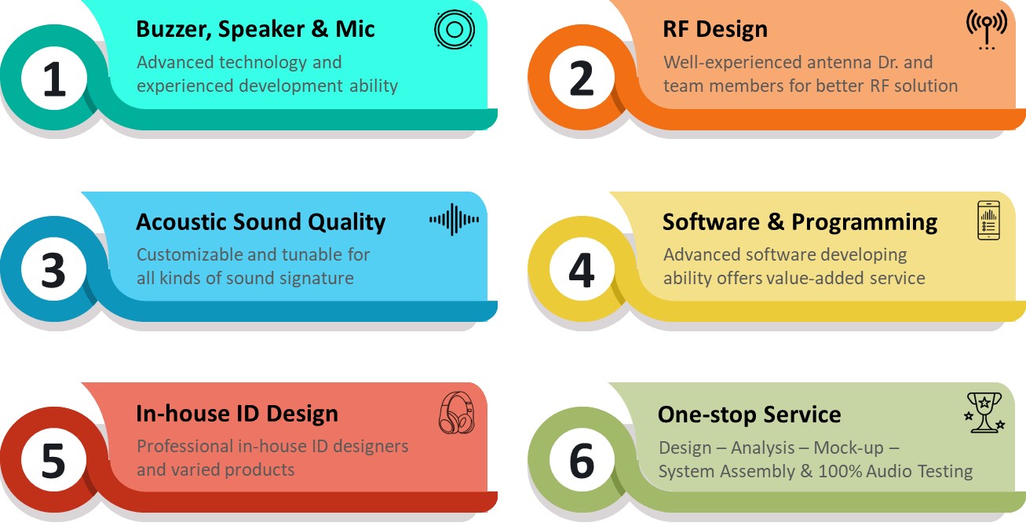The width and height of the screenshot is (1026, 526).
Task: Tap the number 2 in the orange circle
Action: click(581, 79)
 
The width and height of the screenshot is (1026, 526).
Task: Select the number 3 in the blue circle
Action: click(53, 271)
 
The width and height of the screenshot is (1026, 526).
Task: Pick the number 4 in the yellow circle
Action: click(582, 270)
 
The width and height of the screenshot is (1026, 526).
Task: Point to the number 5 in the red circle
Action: click(53, 462)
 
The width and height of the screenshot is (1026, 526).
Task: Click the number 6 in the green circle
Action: click(582, 461)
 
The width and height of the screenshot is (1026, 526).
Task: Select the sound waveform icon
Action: click(454, 220)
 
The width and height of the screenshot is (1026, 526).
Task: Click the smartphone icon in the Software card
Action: click(988, 221)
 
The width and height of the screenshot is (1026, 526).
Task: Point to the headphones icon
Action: click(456, 413)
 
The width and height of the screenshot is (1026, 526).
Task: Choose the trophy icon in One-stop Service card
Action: click(984, 412)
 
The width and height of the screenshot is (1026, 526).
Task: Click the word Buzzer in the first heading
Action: click(173, 30)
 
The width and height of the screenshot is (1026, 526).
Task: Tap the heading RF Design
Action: click(715, 29)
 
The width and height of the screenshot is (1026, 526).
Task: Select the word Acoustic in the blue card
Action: click(181, 221)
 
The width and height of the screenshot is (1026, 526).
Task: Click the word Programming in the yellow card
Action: click(864, 223)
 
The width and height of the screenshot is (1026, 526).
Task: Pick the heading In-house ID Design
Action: click(237, 413)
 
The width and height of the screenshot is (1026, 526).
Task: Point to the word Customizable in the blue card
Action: click(188, 254)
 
